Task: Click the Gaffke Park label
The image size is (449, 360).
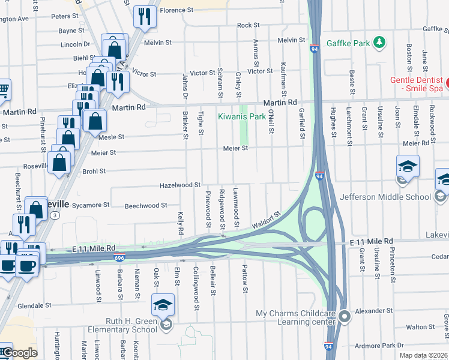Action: coord(348,43)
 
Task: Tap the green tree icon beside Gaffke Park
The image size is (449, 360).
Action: coord(379,43)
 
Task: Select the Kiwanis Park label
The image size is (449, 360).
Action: coord(241,116)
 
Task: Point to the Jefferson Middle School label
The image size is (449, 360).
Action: coord(385,197)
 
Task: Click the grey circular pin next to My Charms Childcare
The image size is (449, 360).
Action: coord(345,316)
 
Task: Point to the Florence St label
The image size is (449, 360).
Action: coord(176,10)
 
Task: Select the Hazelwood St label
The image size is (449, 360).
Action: coord(179,185)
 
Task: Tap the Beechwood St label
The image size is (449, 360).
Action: coord(146,206)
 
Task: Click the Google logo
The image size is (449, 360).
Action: coord(19,353)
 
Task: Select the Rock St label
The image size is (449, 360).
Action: coord(248,25)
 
